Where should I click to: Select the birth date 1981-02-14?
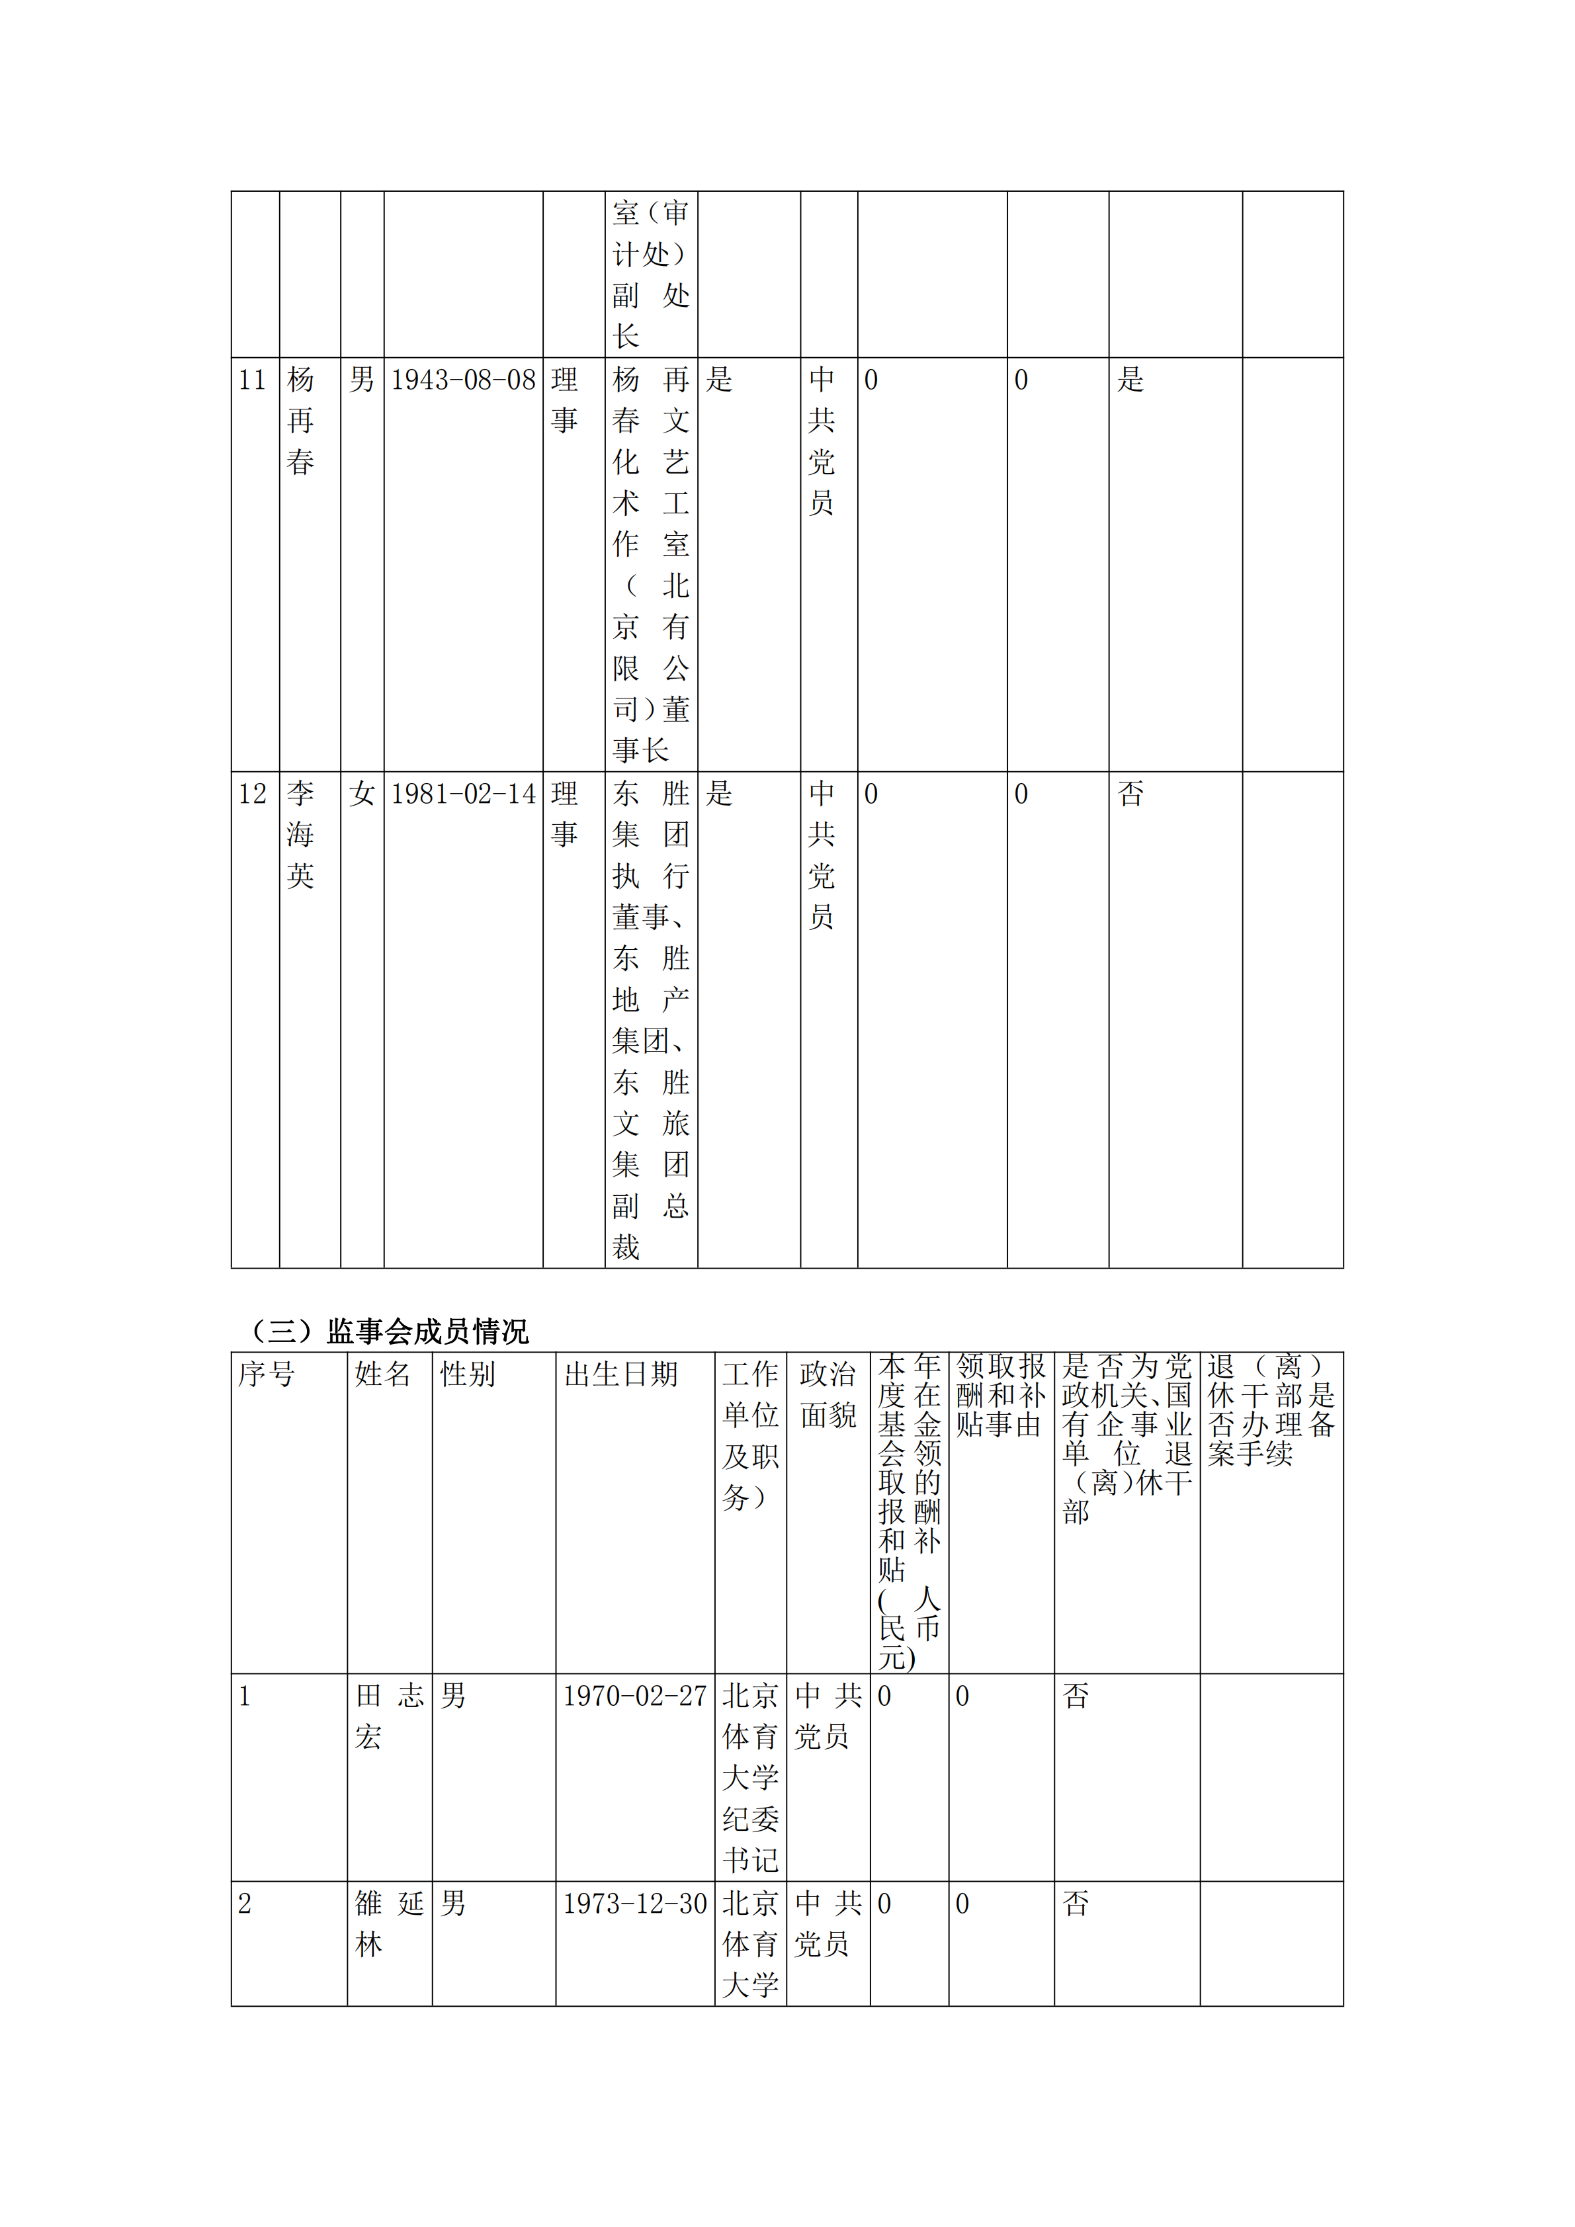[462, 794]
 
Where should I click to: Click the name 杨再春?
[301, 420]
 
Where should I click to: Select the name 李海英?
[301, 834]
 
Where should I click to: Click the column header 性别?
[468, 1374]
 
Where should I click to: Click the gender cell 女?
[362, 794]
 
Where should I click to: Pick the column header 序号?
[266, 1374]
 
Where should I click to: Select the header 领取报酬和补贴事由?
[1000, 1395]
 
